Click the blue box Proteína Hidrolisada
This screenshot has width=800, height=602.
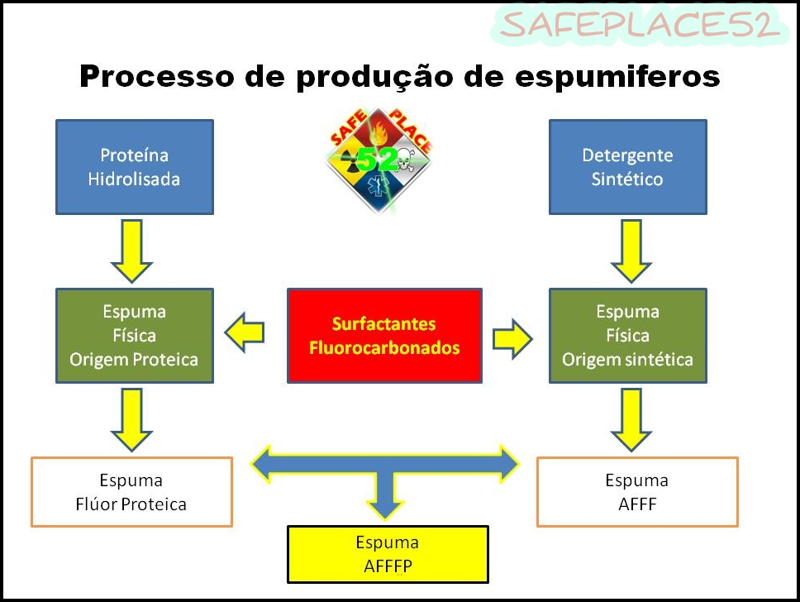coord(134,167)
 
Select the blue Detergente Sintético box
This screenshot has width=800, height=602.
coord(627,167)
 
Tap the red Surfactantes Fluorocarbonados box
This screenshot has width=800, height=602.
coord(384,336)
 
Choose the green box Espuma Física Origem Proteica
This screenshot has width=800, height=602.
coord(134,336)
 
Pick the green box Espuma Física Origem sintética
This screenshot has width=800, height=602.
coord(627,336)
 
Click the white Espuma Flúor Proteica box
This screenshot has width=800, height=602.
coord(131,492)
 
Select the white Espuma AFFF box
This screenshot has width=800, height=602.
coord(636,492)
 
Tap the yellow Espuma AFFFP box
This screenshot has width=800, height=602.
coord(387,554)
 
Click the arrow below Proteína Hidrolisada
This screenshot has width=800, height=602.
coord(131,251)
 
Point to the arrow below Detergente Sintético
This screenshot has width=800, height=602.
coord(631,251)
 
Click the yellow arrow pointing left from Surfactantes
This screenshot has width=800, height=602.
coord(245,333)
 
